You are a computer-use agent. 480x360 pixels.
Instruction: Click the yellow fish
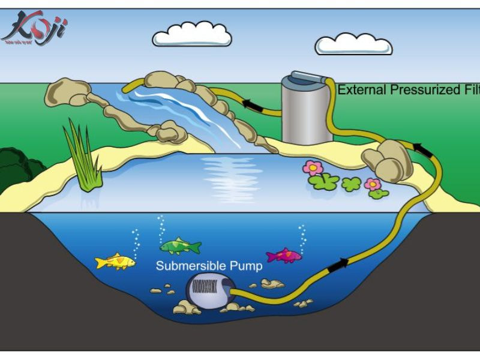pyautogui.click(x=114, y=262)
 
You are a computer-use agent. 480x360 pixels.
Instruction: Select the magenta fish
pyautogui.click(x=283, y=256)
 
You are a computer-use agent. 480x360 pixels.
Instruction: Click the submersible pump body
pyautogui.click(x=208, y=292)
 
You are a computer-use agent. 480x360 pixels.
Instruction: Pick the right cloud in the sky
pyautogui.click(x=353, y=44)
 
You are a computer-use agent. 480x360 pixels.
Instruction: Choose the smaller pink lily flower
pyautogui.click(x=373, y=184)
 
